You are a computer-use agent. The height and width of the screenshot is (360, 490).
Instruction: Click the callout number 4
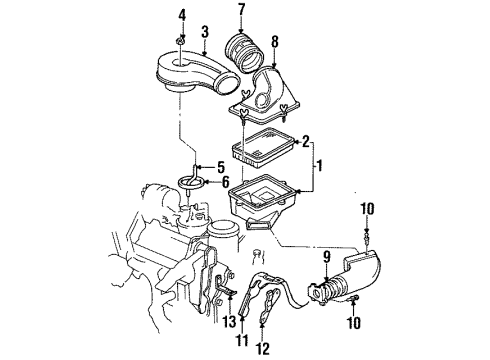pyautogui.click(x=181, y=14)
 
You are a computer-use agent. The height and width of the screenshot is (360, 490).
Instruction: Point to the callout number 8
pyautogui.click(x=276, y=41)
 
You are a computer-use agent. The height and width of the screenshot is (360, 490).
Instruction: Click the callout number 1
pyautogui.click(x=321, y=163)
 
